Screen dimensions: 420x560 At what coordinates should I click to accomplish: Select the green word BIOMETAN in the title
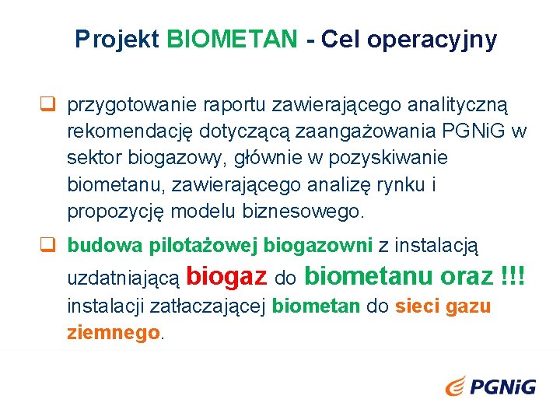(232, 40)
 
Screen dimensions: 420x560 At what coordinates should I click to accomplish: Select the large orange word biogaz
(228, 275)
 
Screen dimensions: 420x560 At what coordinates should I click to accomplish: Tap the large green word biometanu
(369, 275)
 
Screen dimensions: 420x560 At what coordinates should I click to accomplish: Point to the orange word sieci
(417, 306)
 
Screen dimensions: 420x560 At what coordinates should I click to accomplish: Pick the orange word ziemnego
(114, 333)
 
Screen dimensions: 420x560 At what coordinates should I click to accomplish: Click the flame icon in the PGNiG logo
(457, 385)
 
